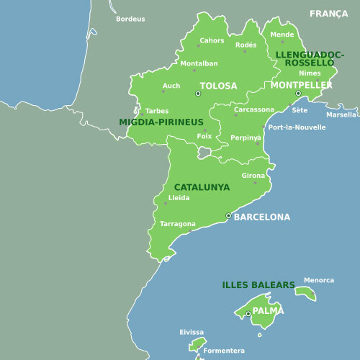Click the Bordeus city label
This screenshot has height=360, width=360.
tap(130, 19)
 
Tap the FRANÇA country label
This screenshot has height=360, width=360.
tap(328, 14)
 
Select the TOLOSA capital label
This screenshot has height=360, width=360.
tap(218, 86)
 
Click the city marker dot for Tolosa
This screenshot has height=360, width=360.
tap(197, 93)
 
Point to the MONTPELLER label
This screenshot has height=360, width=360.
tap(301, 85)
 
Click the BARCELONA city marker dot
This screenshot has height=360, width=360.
tap(228, 215)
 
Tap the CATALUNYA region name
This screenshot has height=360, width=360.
tap(202, 187)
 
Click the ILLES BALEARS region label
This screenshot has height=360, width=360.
tap(258, 285)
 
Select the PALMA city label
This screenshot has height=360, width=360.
tap(268, 310)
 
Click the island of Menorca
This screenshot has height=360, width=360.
tap(305, 293)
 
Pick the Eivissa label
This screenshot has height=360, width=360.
tap(192, 332)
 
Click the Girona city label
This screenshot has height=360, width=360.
tap(253, 175)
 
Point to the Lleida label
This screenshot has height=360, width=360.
tap(179, 197)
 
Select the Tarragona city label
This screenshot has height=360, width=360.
tap(177, 224)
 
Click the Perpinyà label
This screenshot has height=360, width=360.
tap(246, 138)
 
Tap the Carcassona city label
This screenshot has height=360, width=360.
tap(254, 109)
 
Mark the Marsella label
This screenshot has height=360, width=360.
tap(341, 114)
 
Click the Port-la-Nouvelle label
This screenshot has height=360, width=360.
tap(297, 127)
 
